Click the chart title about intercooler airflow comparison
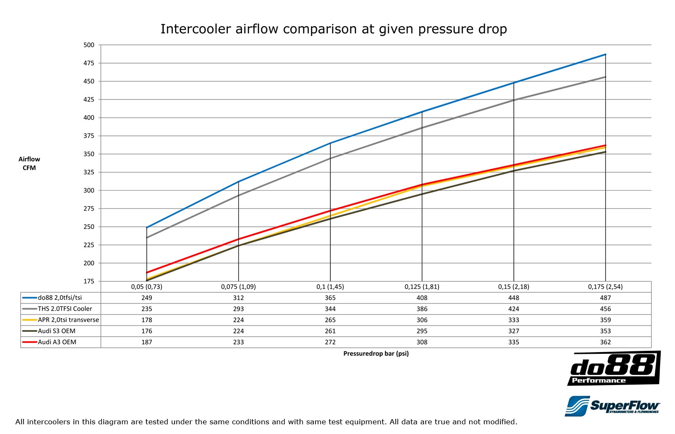[333, 29]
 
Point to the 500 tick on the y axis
[89, 45]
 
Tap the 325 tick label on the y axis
[89, 172]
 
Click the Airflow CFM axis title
[29, 163]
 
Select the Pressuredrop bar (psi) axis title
[376, 354]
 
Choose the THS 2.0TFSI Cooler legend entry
[65, 309]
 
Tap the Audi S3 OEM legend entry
[57, 331]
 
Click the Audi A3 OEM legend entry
[57, 342]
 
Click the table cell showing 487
[605, 298]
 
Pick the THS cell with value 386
[422, 309]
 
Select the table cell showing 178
[147, 320]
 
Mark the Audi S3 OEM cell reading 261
[330, 331]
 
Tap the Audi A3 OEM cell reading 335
[513, 342]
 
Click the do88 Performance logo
[614, 369]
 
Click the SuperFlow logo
[613, 406]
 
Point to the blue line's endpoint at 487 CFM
[605, 54]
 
